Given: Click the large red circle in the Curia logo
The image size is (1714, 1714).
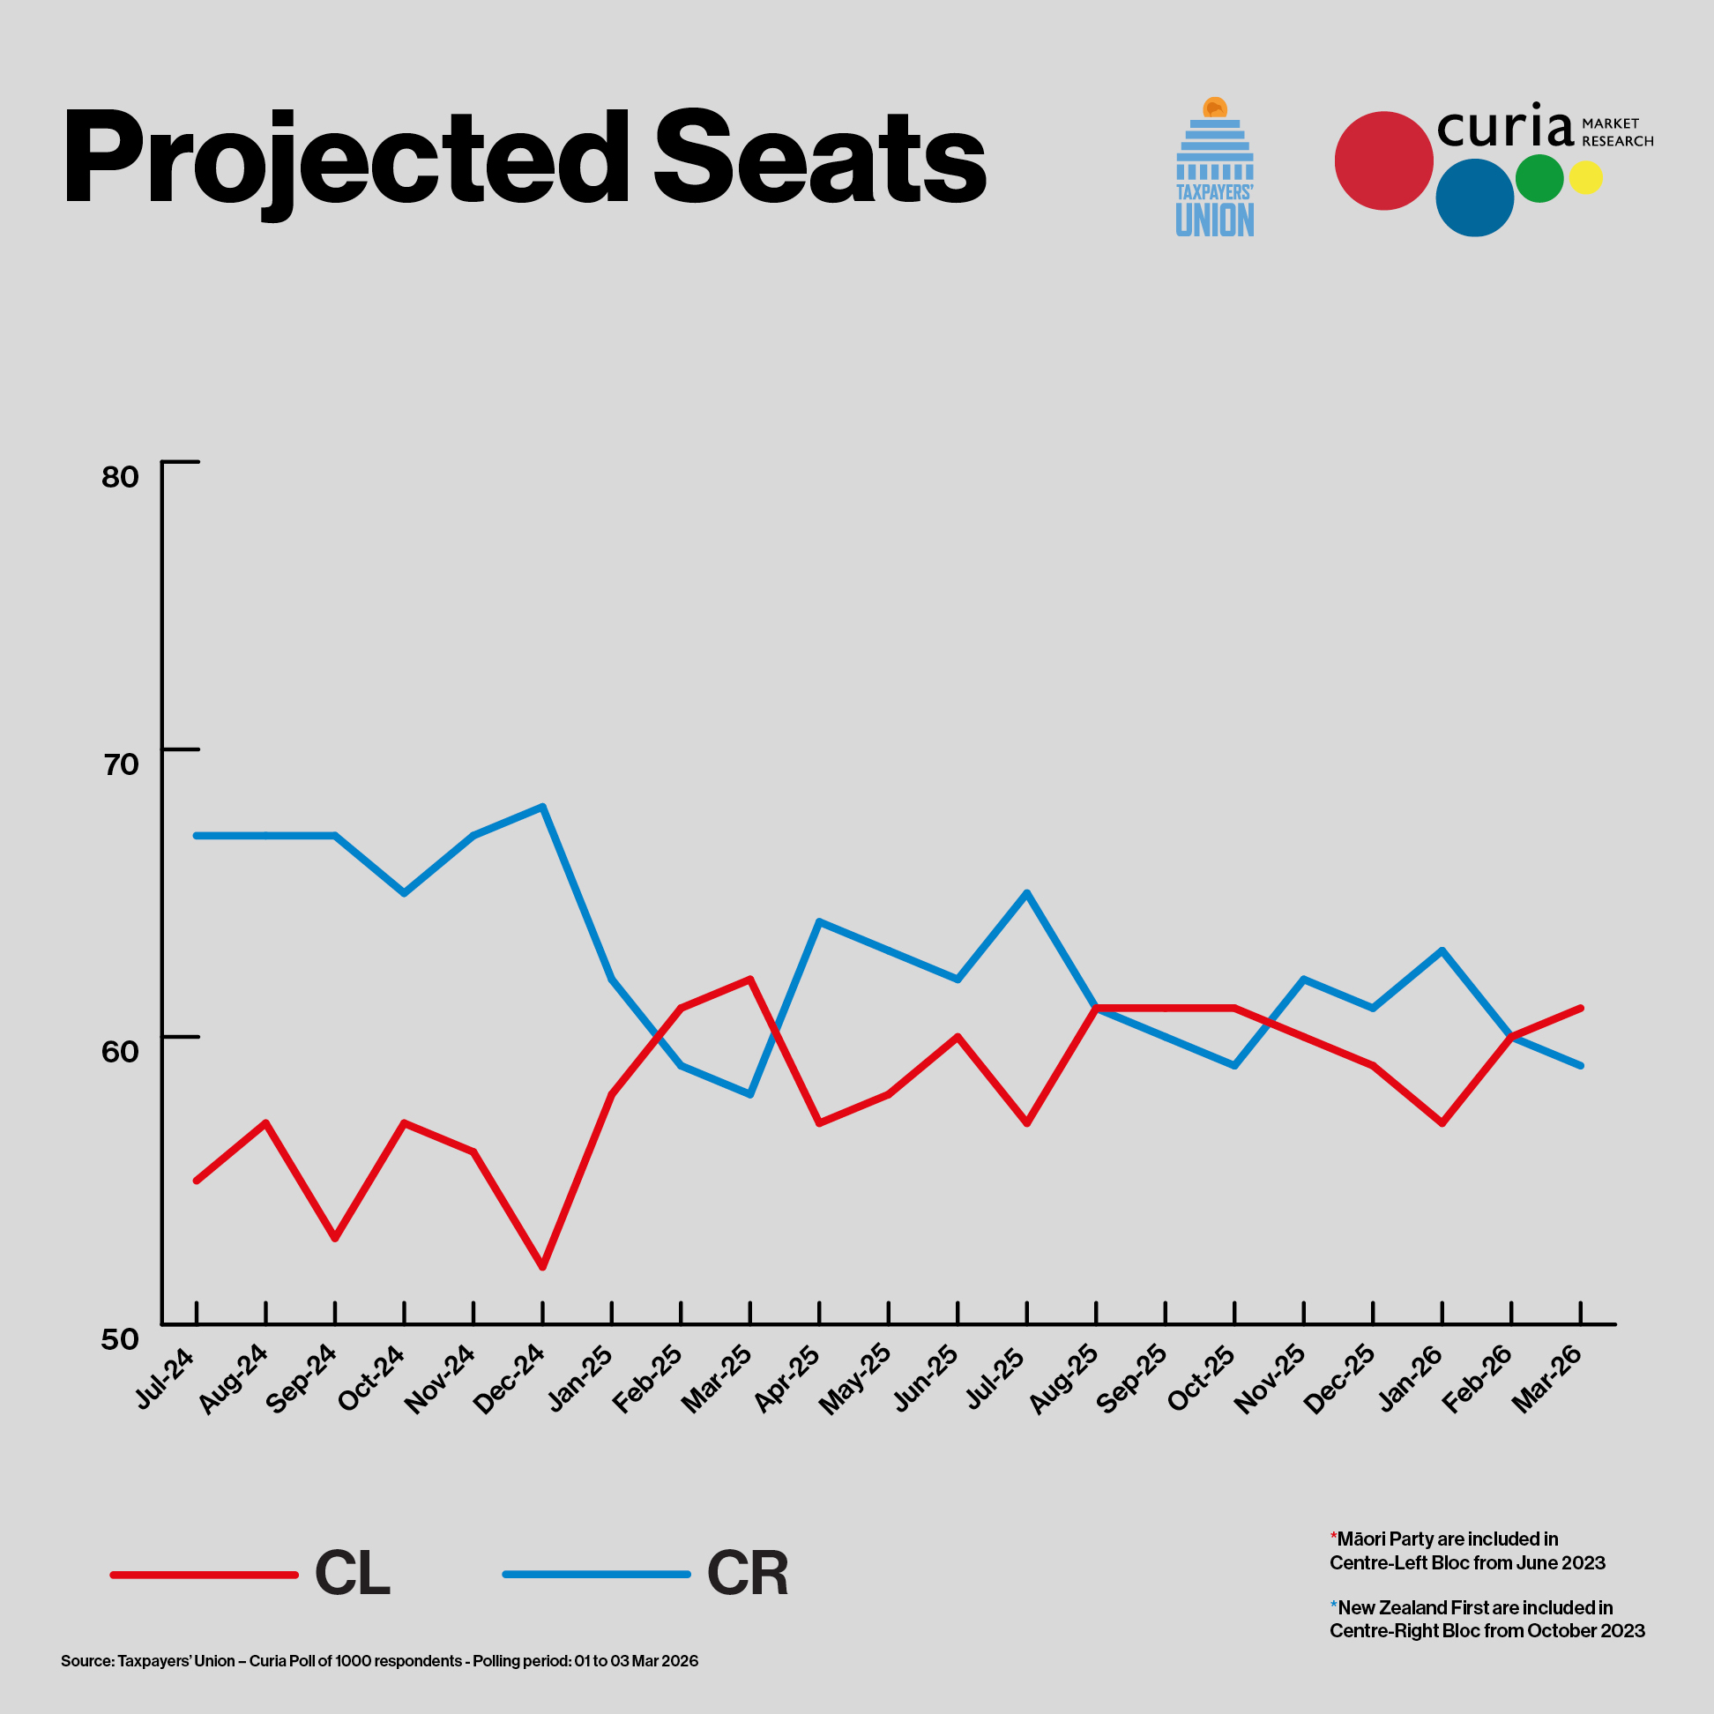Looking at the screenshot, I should (1383, 160).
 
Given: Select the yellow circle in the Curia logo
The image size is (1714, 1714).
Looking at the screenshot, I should (1585, 177).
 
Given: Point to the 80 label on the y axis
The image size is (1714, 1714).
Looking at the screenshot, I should (121, 477).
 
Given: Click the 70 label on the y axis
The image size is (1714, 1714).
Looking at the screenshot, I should (121, 764).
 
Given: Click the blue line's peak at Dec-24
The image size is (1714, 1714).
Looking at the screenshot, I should (543, 807).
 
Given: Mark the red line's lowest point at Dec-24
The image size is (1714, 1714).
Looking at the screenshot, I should (543, 1267).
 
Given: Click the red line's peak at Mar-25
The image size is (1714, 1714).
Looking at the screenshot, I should (750, 980).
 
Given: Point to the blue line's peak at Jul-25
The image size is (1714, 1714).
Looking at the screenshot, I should (1027, 892).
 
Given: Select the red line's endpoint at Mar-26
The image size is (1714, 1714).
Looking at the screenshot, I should (1581, 1008).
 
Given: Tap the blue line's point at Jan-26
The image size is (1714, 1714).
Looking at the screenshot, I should (1442, 950).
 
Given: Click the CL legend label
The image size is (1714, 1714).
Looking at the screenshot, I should (352, 1575).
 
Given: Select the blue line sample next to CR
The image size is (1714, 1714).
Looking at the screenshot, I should (596, 1575).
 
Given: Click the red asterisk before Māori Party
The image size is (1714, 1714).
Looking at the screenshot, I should (1333, 1538).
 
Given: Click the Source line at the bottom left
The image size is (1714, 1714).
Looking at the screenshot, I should (380, 1661).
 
